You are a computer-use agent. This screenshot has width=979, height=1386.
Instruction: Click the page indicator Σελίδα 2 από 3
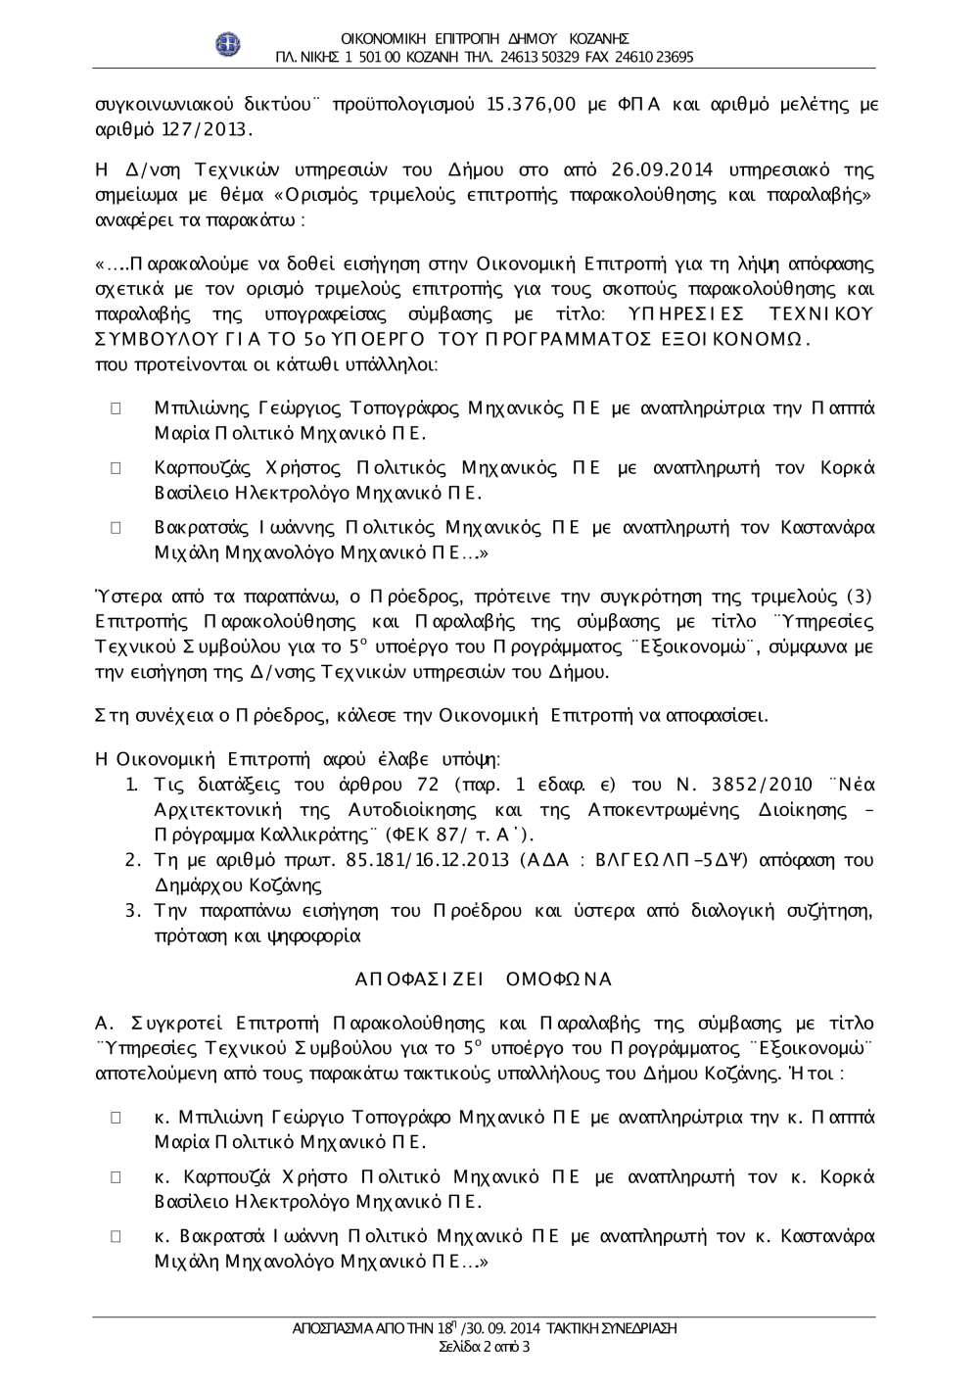[x=486, y=1347]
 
